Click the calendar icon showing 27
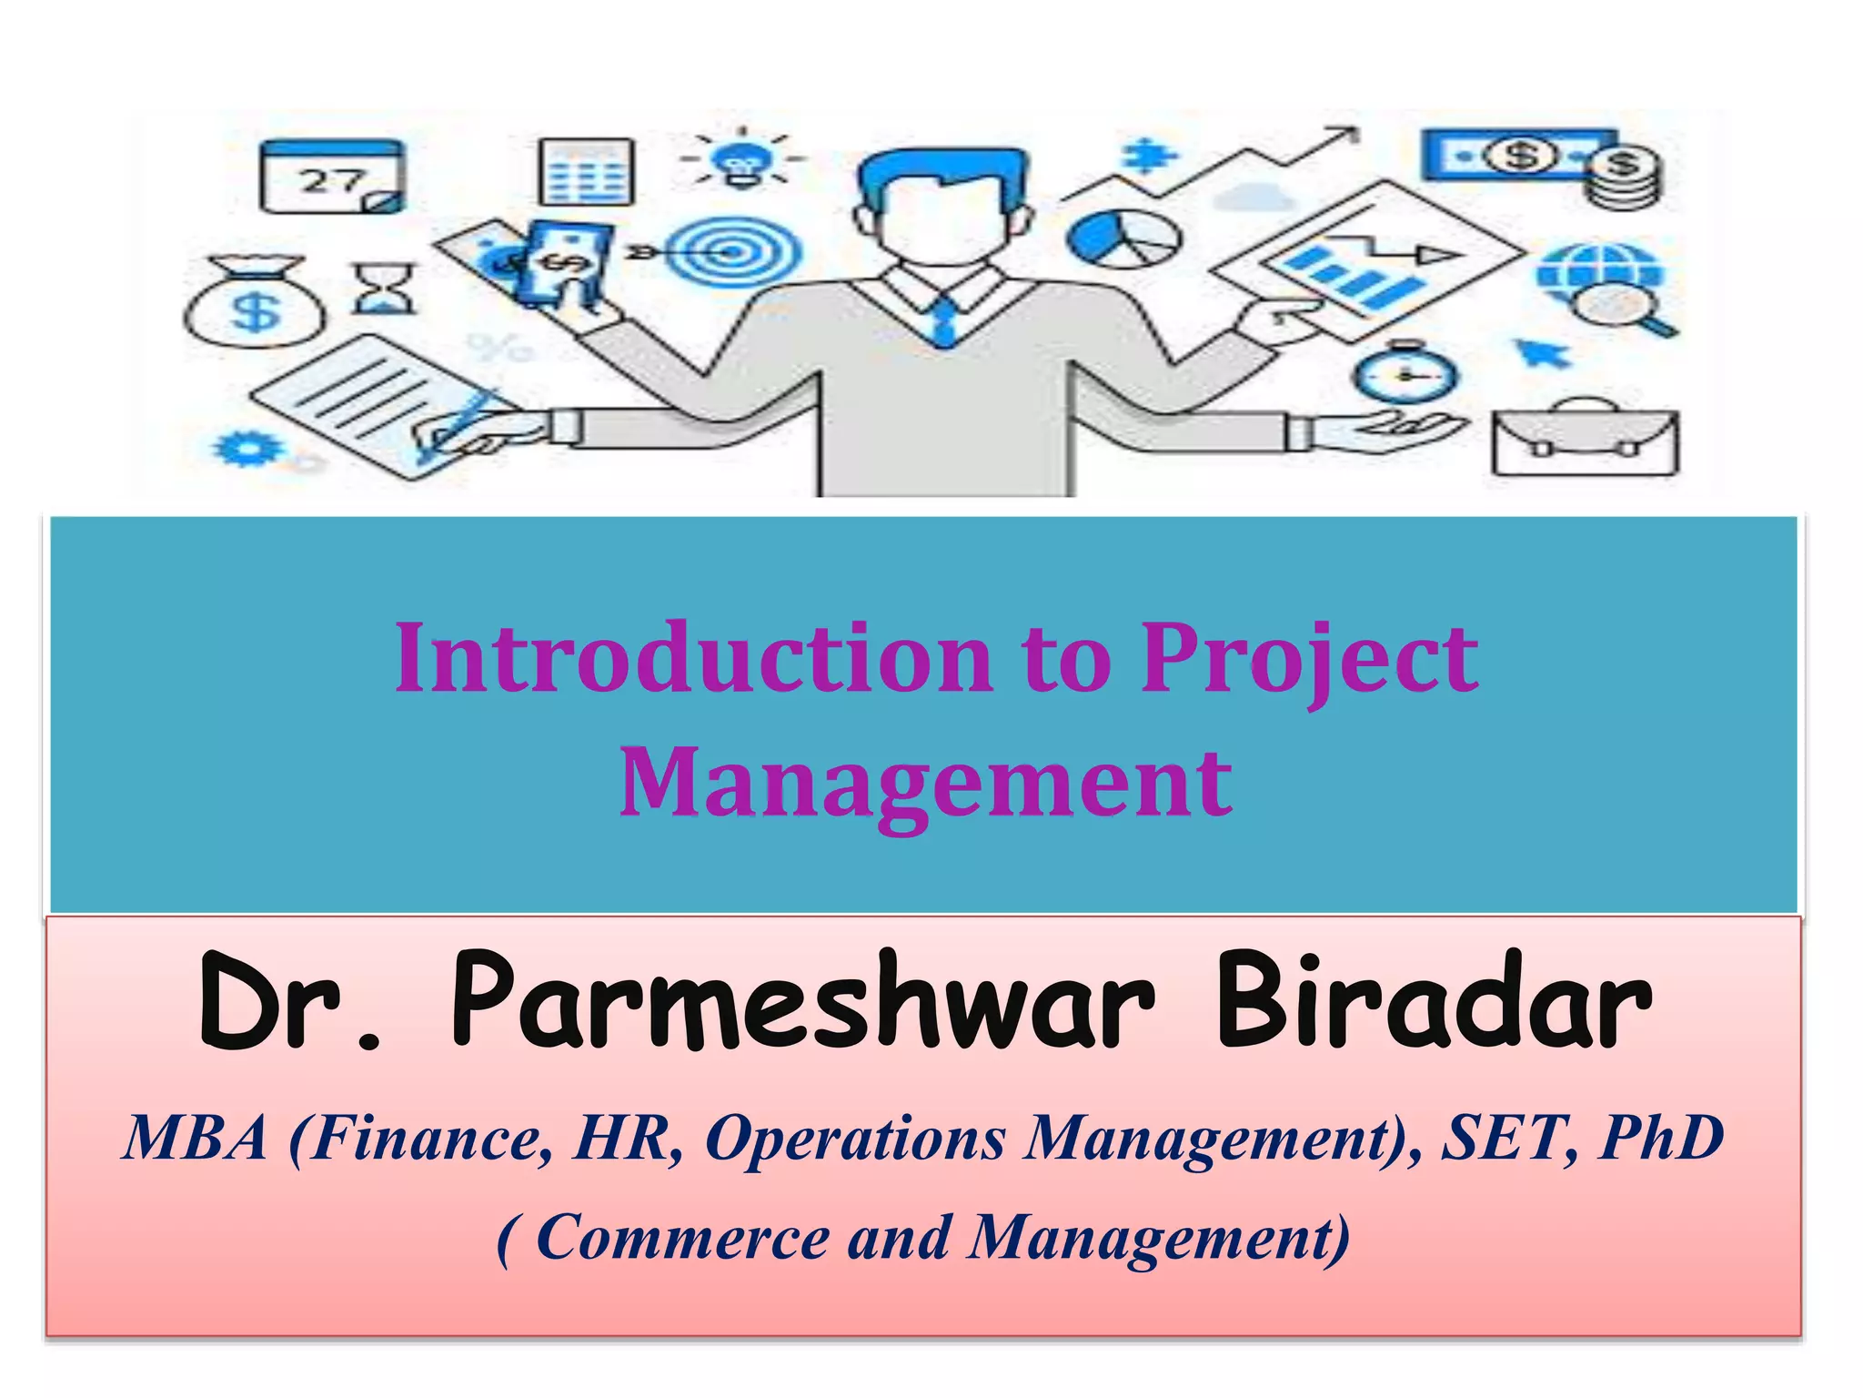click(332, 177)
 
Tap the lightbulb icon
click(741, 160)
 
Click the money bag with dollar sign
click(255, 303)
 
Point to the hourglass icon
click(384, 289)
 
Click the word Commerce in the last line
click(682, 1238)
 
